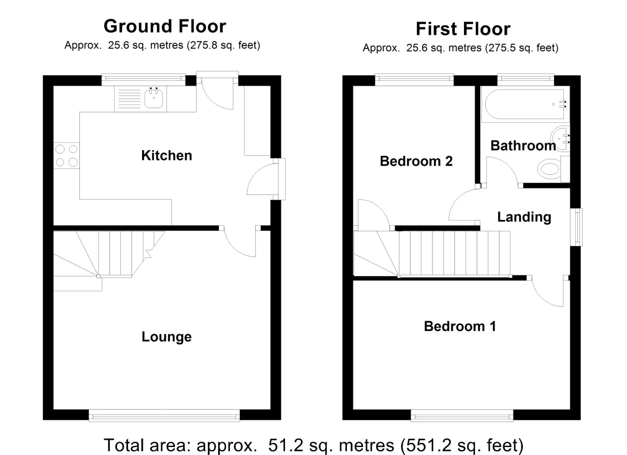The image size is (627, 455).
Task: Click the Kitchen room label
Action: click(166, 155)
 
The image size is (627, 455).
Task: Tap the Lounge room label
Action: click(166, 336)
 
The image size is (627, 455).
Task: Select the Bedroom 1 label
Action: click(460, 326)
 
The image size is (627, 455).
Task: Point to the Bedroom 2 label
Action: click(416, 161)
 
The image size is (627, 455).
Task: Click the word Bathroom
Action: click(523, 146)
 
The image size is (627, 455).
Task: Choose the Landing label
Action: click(524, 217)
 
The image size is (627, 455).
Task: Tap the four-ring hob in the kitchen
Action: click(66, 156)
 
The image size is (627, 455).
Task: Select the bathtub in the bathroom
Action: click(525, 104)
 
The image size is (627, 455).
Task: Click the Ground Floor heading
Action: click(165, 26)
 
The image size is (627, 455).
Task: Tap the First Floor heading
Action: click(463, 29)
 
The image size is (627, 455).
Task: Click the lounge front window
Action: click(164, 416)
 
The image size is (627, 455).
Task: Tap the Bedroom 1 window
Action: click(462, 416)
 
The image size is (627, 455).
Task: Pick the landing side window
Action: click(576, 227)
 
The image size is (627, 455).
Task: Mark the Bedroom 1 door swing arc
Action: click(543, 297)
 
